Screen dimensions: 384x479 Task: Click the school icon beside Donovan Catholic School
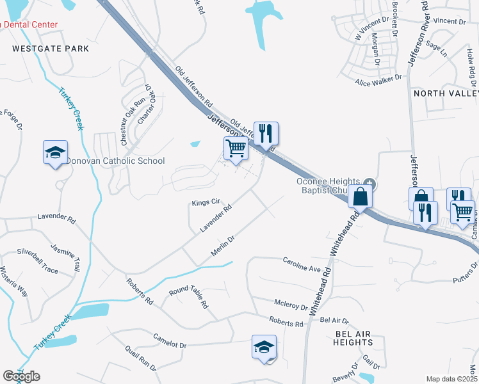coord(55,152)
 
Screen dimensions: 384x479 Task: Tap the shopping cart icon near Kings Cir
coord(236,148)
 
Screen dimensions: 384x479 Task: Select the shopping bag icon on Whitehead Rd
coord(361,196)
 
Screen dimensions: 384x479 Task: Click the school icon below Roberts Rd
coord(264,348)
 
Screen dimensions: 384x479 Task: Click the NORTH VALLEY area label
coord(446,93)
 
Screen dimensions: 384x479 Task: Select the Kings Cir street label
coord(206,203)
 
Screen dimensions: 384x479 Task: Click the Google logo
coord(21,376)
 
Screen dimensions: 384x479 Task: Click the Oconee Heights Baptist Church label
coord(330,186)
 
